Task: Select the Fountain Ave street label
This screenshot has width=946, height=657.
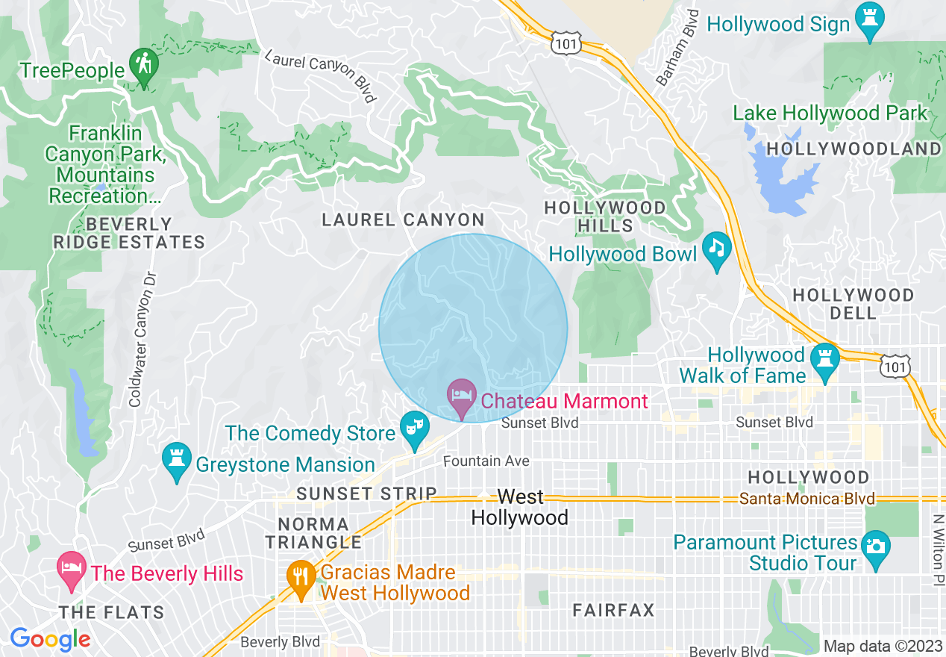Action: (486, 461)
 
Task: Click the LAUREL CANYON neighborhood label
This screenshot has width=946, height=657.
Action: (403, 220)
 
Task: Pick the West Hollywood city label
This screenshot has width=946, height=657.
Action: (520, 507)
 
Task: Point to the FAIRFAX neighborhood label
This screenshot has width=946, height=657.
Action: (613, 611)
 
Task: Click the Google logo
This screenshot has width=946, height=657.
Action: (50, 639)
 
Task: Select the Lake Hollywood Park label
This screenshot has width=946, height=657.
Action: (829, 113)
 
